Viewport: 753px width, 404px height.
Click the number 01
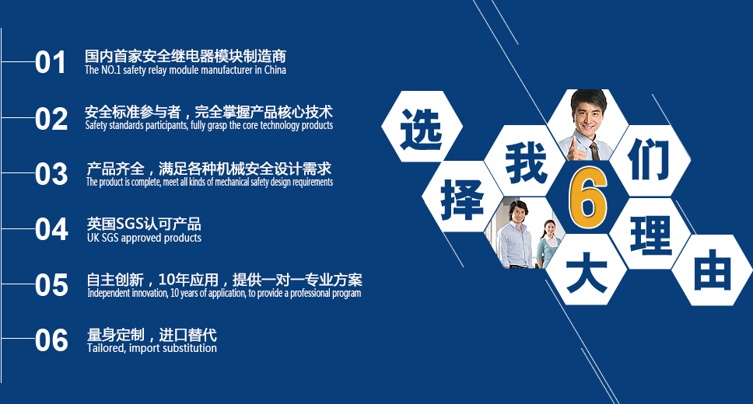pos(51,62)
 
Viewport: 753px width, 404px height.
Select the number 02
pos(51,119)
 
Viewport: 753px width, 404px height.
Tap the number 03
pos(51,175)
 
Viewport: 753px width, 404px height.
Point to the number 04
pos(51,230)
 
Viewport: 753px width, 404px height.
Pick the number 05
pos(51,286)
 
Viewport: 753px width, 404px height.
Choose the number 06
pos(51,341)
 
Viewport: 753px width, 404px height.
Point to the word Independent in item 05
pos(113,294)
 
